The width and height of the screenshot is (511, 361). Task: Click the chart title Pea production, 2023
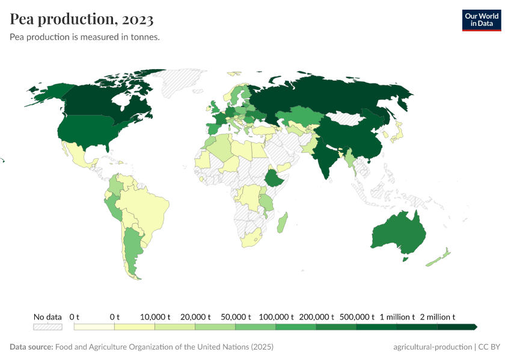(82, 19)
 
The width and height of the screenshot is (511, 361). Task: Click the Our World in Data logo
(481, 20)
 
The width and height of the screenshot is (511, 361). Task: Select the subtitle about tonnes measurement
(85, 37)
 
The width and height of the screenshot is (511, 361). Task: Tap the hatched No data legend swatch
(47, 327)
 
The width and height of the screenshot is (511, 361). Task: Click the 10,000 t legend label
(155, 316)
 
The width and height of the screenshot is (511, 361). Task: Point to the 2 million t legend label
(437, 316)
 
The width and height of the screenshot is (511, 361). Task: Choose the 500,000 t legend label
(356, 316)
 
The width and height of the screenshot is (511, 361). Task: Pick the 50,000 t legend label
(236, 316)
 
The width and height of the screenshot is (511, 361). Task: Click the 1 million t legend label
(397, 316)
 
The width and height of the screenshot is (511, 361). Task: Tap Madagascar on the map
(281, 223)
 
